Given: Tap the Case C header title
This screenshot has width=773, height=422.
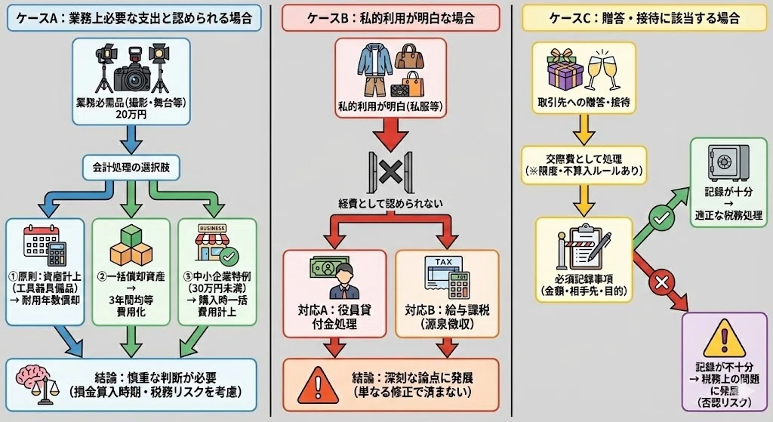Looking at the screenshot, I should tap(643, 17).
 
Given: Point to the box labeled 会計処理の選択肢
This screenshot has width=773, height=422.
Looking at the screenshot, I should tap(131, 165).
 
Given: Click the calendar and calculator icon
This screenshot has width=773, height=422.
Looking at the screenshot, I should tap(45, 244).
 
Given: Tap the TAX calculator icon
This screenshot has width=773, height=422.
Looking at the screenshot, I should tap(446, 277).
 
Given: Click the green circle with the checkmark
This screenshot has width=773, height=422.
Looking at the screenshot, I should tap(658, 216).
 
